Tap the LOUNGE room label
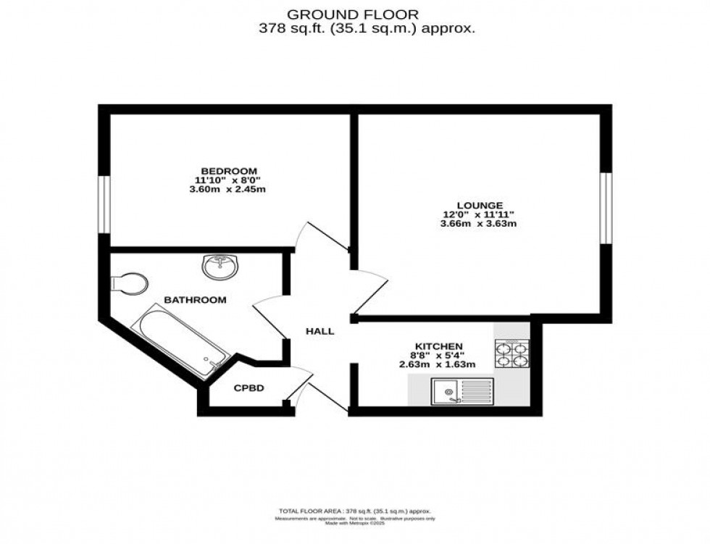click(475, 205)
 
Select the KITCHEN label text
click(439, 346)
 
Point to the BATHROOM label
click(195, 300)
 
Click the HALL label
click(319, 332)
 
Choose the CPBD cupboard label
click(248, 388)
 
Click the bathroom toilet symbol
click(130, 283)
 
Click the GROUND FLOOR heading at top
click(353, 13)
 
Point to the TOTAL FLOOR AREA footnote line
click(354, 511)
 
